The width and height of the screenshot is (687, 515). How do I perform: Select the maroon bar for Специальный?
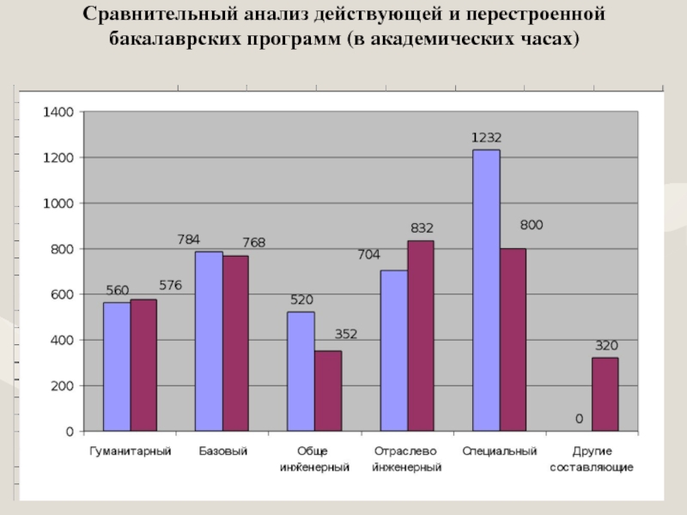point(513,340)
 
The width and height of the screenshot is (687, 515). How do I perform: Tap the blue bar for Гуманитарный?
point(117,367)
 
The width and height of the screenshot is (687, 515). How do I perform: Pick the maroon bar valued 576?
point(143,365)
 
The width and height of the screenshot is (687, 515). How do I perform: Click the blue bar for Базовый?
point(209,341)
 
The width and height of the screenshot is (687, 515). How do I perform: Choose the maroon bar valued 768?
point(235,343)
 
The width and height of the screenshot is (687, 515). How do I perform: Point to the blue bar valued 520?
point(301,371)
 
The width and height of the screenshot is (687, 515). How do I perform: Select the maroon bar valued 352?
point(327,391)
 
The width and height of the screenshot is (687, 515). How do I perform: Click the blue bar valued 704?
point(393,350)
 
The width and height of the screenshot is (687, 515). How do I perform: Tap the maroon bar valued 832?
point(420,336)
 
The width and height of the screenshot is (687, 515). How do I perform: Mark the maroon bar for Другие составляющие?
point(605,394)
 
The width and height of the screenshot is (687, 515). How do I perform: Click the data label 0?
point(579,419)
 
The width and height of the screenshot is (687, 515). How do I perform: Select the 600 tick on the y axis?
point(64,294)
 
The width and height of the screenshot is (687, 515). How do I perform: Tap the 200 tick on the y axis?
point(64,386)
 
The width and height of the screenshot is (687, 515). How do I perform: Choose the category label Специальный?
point(500,451)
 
